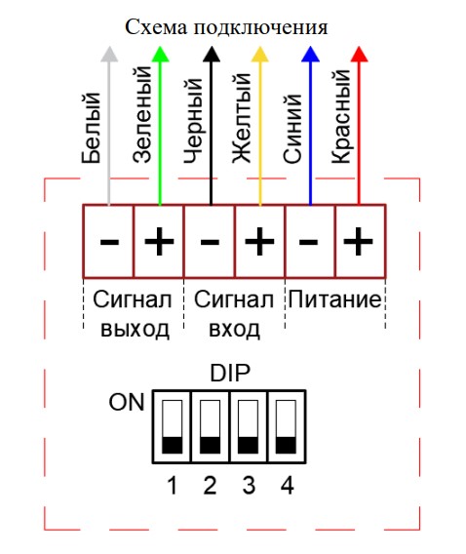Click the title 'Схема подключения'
(x=226, y=27)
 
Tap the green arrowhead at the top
(x=160, y=54)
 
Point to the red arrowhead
(x=359, y=54)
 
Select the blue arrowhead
(x=310, y=54)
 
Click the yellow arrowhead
(x=260, y=54)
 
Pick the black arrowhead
(x=212, y=54)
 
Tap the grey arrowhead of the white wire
(x=109, y=54)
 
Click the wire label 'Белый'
(x=91, y=128)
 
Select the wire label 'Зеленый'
(x=142, y=114)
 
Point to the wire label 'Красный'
(x=341, y=117)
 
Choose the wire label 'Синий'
(x=292, y=129)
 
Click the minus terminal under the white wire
(x=109, y=241)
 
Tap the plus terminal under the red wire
(x=361, y=241)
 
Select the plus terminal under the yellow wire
(x=260, y=241)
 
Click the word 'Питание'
(x=334, y=299)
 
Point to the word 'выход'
(x=135, y=330)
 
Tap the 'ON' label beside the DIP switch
(x=127, y=402)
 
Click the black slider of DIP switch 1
(x=173, y=445)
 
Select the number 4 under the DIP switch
(x=287, y=486)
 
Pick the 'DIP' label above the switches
(x=230, y=374)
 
